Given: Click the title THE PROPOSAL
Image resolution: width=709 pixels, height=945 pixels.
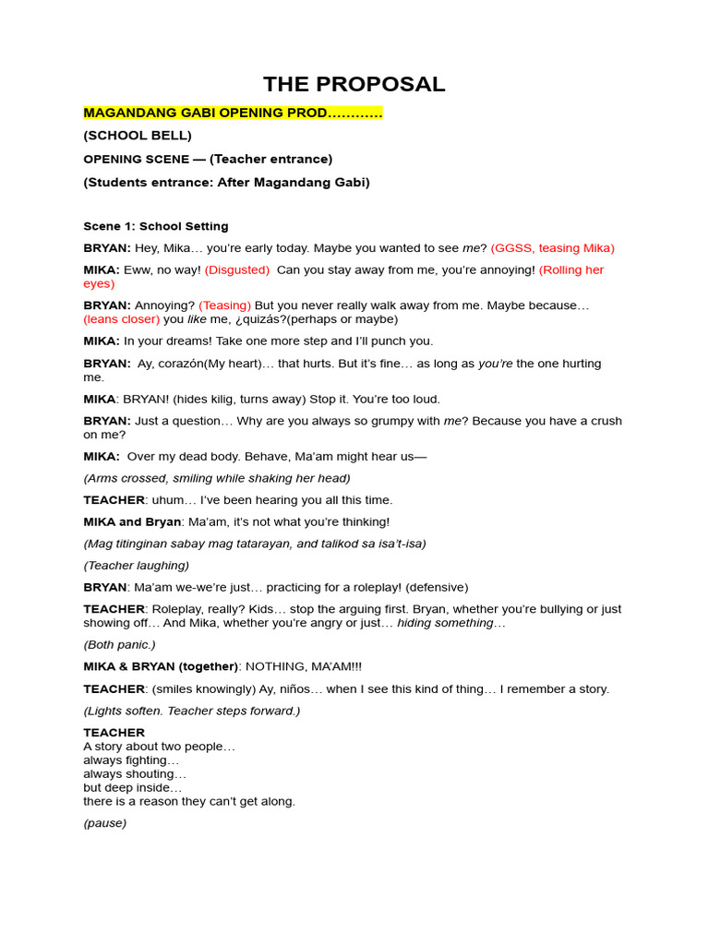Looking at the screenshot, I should pos(354,84).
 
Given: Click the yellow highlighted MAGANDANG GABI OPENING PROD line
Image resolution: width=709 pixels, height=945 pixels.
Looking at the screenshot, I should pos(233,113).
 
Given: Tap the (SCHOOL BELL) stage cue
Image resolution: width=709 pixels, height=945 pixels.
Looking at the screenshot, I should pos(138,136).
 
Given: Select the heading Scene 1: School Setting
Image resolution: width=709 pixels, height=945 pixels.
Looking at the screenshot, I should pos(156,226).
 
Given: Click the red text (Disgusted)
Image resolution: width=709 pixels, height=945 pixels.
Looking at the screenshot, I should pos(237,269).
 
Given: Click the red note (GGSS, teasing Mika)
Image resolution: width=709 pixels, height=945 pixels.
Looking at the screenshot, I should pos(552,247).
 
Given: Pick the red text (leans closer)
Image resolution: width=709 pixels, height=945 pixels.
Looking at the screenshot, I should pos(121,319).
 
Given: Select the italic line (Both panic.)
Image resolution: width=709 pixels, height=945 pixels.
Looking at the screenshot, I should pos(119,644).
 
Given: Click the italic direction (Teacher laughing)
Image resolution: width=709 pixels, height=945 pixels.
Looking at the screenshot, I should pos(136,566).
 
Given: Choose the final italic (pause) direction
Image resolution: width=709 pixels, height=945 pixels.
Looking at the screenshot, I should pos(104,823).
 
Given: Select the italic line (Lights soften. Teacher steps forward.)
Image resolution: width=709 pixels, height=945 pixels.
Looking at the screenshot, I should pos(191,711).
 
